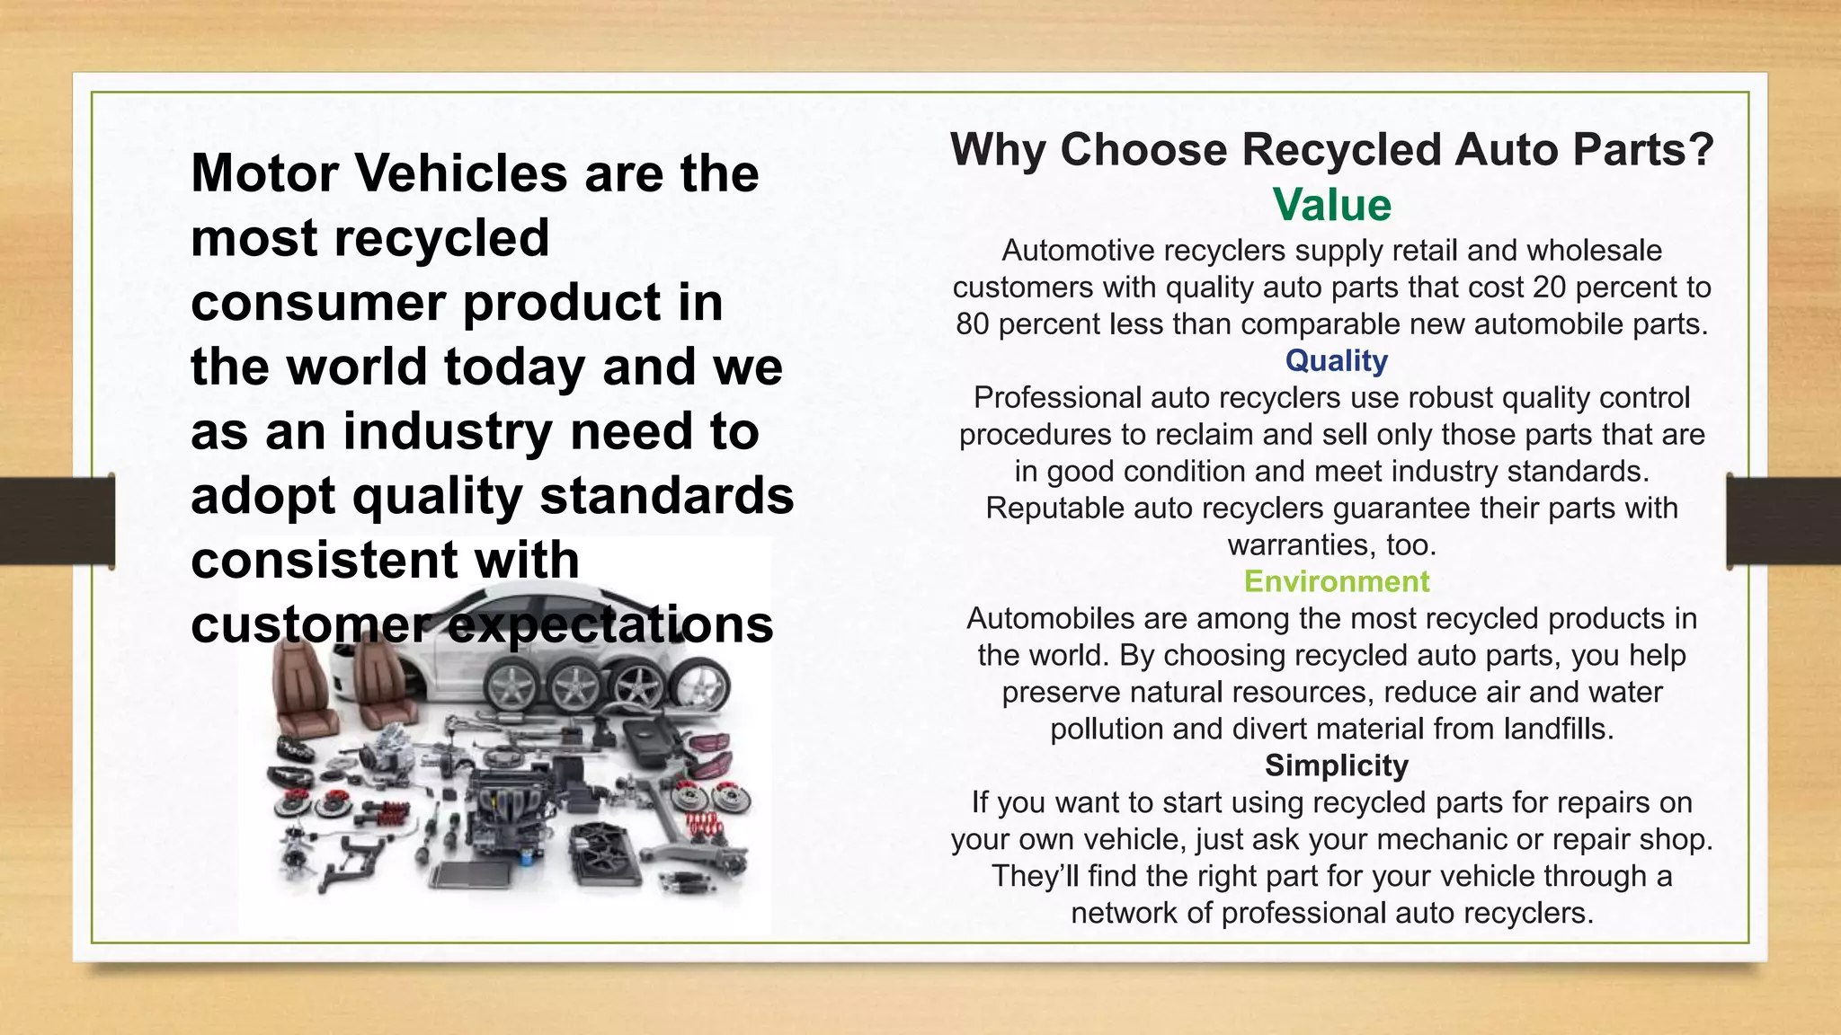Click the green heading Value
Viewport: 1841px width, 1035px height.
click(1331, 206)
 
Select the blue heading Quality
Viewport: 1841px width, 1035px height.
click(1336, 361)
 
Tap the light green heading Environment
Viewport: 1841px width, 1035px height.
click(1336, 582)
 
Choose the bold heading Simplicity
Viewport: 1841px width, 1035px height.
click(1336, 765)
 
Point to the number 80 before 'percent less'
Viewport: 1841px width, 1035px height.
click(973, 324)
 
